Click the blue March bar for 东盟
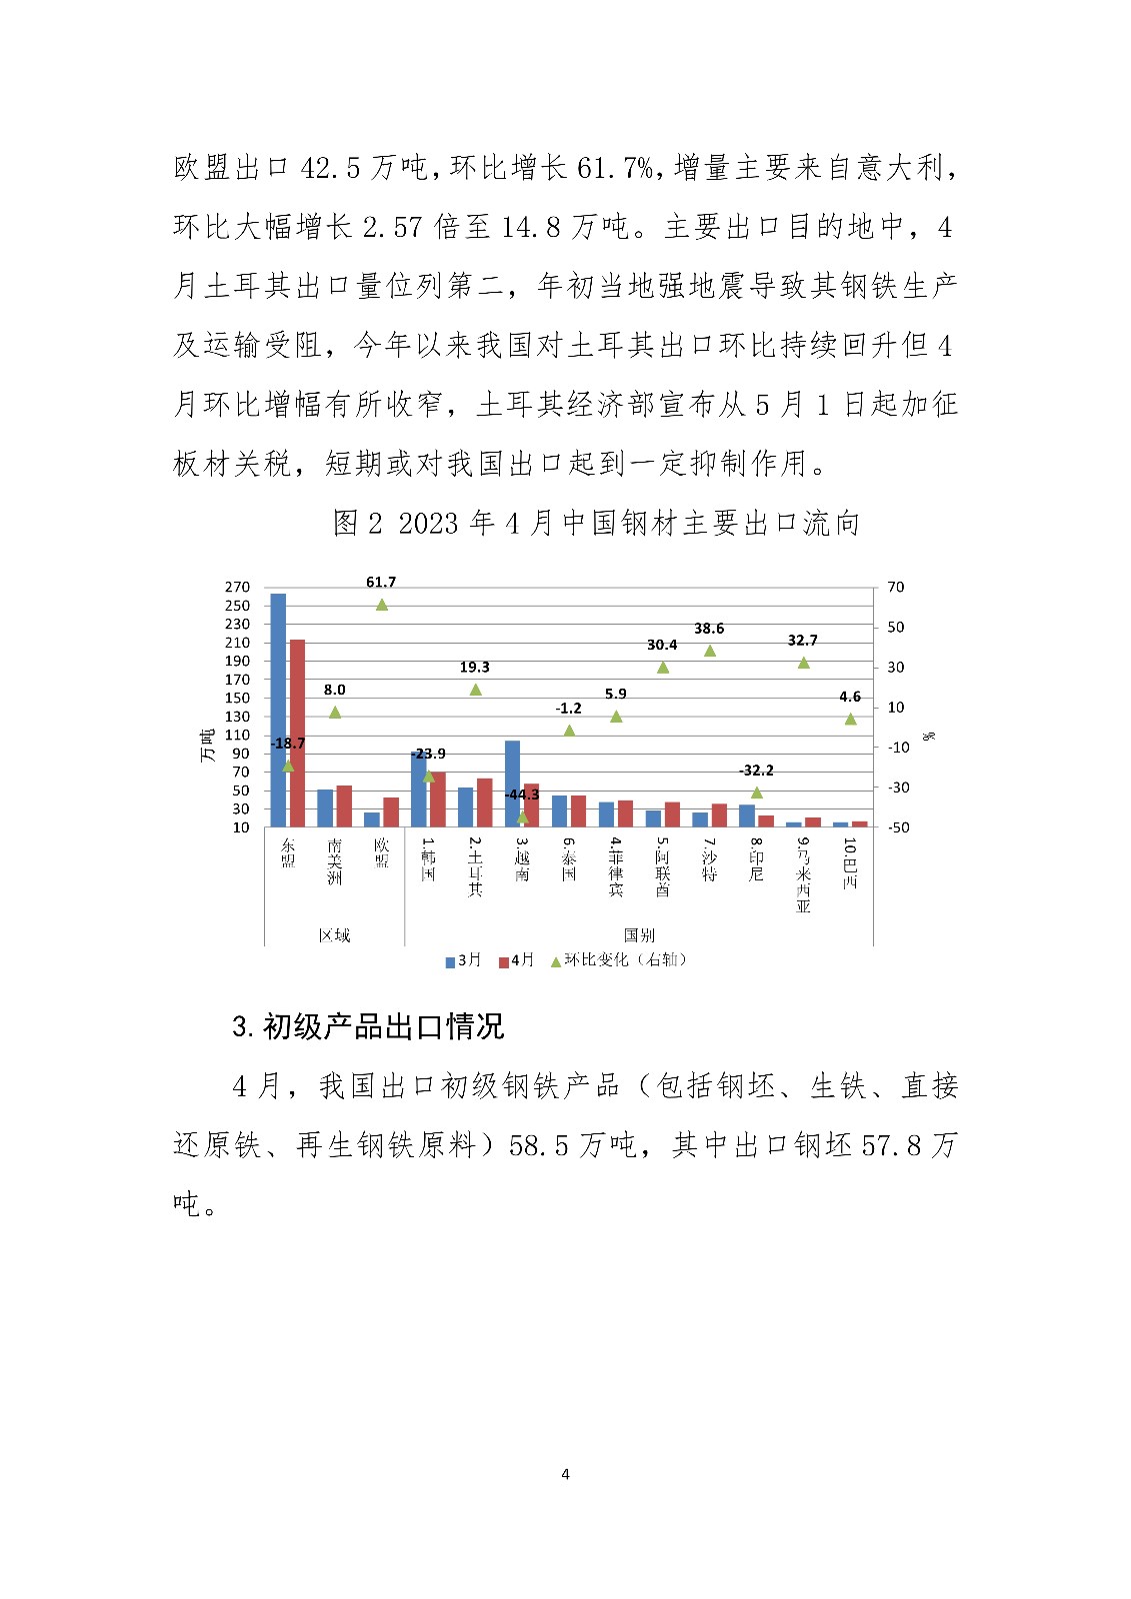[278, 710]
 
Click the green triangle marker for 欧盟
[381, 605]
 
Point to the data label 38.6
[709, 629]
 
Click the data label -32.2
[756, 771]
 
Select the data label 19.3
[475, 668]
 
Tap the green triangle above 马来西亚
[803, 663]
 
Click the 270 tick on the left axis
[237, 588]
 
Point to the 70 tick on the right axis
[895, 588]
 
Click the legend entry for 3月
[463, 960]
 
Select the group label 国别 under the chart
[639, 935]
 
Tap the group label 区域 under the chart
[334, 935]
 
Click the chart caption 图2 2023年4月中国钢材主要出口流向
[596, 523]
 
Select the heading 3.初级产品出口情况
[368, 1026]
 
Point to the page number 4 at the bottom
[566, 1474]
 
